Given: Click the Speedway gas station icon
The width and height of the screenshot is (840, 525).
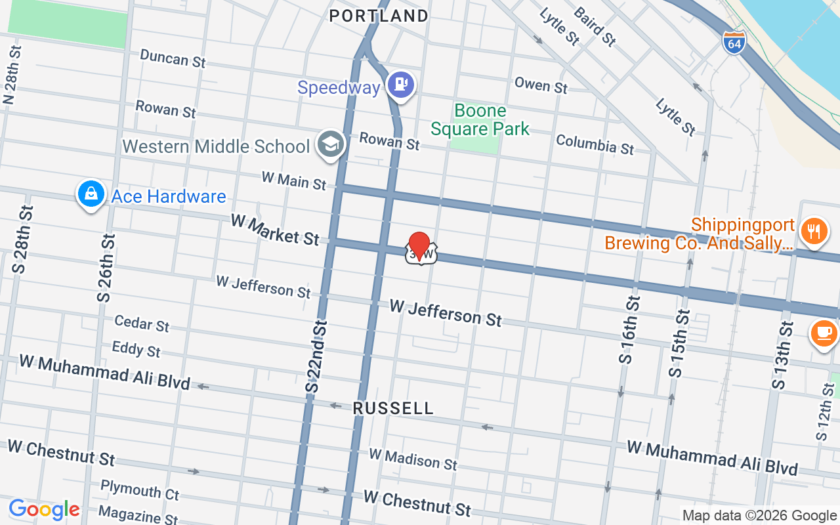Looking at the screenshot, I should point(400,85).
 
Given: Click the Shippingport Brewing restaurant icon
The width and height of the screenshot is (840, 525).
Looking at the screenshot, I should point(814,231).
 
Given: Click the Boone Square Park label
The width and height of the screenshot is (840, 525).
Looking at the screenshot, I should point(480,119).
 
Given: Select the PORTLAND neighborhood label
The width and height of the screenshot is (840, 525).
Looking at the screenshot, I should point(379,16).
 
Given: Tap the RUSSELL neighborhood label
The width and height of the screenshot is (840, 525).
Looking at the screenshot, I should point(393,408).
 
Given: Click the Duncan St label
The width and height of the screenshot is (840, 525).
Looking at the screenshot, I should point(173,58).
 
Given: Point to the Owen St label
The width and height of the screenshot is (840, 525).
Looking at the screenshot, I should point(541,84).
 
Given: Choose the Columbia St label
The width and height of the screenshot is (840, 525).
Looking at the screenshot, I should point(595,144).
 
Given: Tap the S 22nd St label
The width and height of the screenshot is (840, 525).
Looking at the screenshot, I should point(316,356).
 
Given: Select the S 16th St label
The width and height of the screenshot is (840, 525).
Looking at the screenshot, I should point(629,330).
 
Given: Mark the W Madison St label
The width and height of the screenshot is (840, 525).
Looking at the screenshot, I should point(412,459).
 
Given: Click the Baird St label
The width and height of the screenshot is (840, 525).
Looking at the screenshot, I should point(595,27).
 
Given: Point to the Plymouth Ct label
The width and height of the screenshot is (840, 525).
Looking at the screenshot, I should point(140,490).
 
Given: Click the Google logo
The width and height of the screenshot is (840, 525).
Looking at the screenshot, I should point(44,509).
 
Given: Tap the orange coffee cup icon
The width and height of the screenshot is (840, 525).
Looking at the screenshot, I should point(824,333).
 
